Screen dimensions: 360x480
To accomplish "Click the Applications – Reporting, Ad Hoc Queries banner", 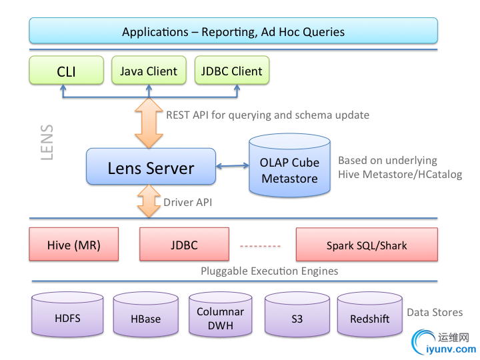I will (233, 31).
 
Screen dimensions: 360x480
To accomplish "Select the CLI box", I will (67, 71).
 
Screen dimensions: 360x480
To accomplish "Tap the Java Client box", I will (149, 71).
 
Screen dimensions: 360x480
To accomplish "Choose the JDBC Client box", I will (232, 71).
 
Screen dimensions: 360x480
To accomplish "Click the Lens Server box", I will (151, 167).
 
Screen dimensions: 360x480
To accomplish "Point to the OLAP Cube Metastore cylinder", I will (290, 167).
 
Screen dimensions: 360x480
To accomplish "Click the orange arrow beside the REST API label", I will (149, 123).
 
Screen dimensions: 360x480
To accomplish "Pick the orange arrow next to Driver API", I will (149, 200).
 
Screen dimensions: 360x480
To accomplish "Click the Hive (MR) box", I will (74, 245).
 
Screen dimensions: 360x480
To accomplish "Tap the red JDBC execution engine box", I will (184, 245).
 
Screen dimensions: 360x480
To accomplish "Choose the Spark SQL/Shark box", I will (367, 245).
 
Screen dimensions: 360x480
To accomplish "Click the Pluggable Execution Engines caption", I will (269, 271).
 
